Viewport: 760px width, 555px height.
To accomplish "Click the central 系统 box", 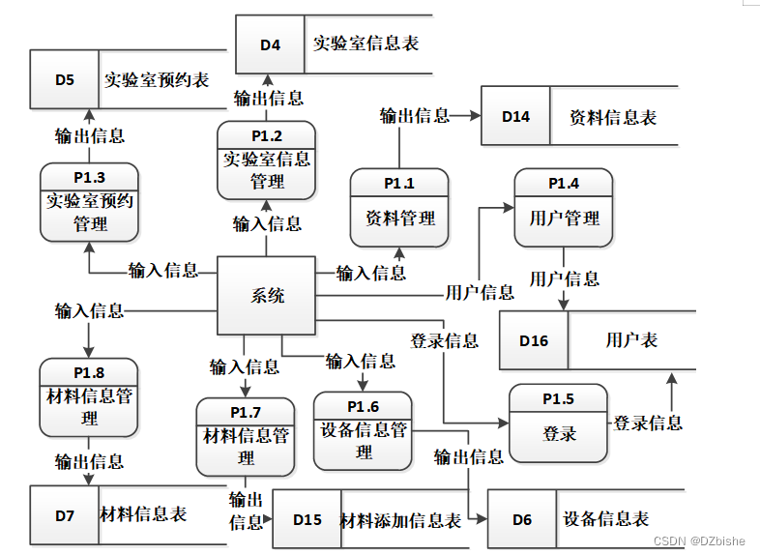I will [267, 295].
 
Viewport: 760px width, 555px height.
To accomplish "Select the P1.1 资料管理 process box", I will [399, 208].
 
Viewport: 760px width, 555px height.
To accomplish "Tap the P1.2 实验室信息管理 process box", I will [266, 161].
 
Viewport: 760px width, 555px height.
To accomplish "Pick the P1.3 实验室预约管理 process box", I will [90, 202].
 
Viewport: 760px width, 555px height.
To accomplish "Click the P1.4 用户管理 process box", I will [564, 208].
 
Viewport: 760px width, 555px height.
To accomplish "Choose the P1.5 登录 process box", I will [559, 424].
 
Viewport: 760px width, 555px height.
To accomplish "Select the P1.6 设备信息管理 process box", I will [364, 430].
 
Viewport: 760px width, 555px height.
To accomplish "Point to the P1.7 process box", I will [246, 437].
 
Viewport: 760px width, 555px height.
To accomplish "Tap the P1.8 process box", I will [89, 397].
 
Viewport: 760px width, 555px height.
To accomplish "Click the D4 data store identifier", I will [270, 44].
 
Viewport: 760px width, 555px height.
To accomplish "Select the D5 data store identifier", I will [64, 79].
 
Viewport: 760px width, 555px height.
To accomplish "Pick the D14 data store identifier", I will [515, 116].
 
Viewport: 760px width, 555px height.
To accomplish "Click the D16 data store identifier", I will [534, 340].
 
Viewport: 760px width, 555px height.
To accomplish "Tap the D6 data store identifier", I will [522, 519].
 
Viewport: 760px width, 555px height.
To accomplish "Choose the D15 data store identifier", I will [307, 519].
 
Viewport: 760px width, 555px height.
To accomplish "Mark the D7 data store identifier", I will [64, 515].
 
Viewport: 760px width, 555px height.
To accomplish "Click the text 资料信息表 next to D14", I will [613, 117].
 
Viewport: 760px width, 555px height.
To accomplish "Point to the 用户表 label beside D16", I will [631, 340].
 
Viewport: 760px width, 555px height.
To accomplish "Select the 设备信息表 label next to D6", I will [606, 519].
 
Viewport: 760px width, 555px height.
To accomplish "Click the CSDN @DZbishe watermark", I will [698, 541].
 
